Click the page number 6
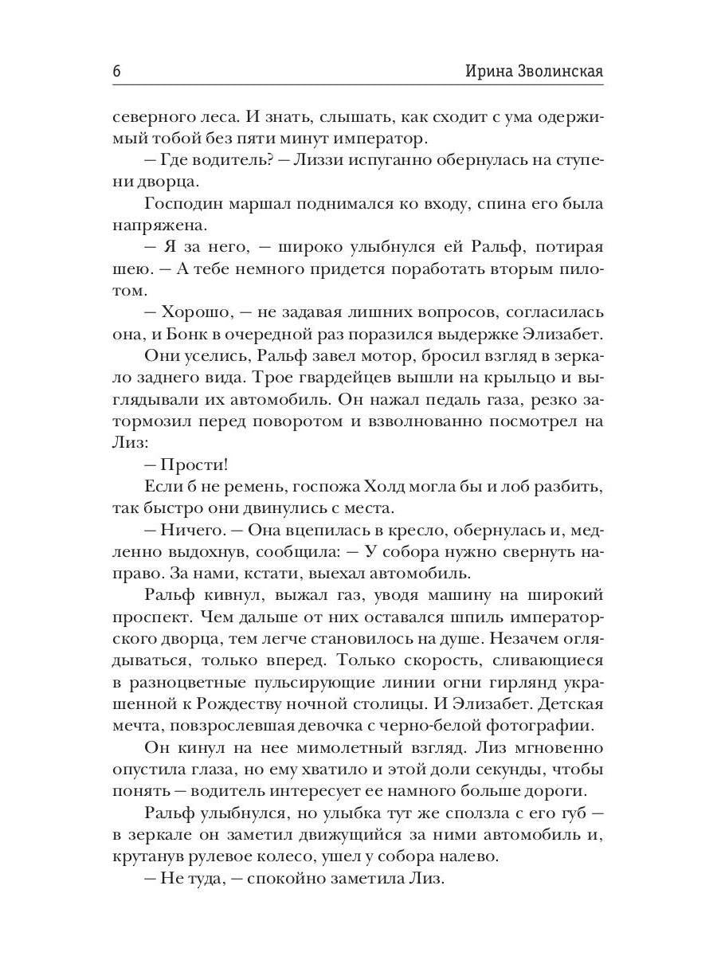pyautogui.click(x=117, y=71)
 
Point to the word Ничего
pyautogui.click(x=187, y=530)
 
